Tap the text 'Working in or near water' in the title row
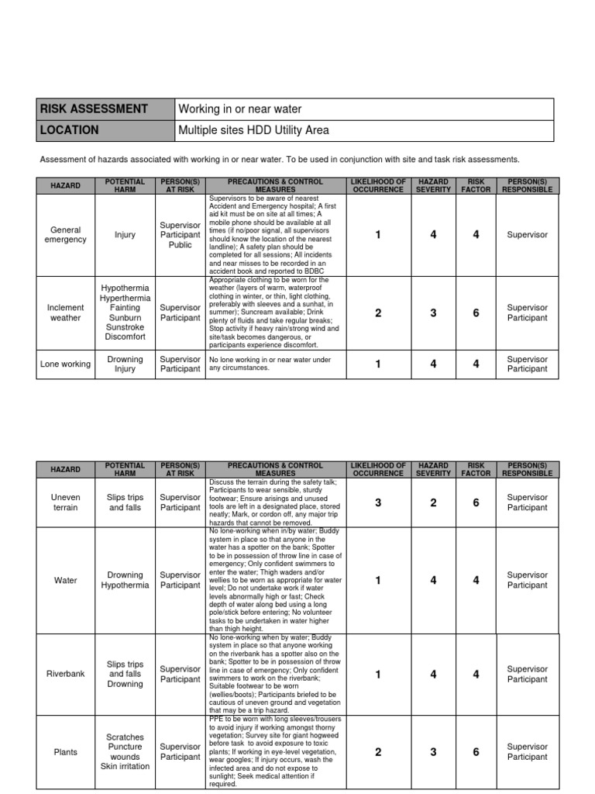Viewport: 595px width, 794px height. pos(240,109)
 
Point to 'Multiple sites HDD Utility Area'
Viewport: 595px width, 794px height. pos(254,130)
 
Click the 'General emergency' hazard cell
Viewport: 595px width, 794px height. pos(66,235)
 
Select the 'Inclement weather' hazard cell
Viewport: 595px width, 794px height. pos(66,312)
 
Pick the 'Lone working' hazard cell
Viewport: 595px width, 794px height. pos(66,364)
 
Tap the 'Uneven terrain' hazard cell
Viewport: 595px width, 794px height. pos(66,502)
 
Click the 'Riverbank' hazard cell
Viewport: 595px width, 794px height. pos(66,675)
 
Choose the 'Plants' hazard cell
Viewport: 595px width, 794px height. pos(66,751)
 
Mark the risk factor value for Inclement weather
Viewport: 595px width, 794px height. pos(476,312)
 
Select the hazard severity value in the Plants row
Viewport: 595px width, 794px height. pos(433,751)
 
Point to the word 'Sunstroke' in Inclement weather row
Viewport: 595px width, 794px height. pos(125,327)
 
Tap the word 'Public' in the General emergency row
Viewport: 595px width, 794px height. pos(180,245)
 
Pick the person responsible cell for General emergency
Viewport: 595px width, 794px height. pos(527,235)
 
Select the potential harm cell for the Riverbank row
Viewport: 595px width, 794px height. pos(125,675)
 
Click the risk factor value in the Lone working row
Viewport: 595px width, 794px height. pos(476,364)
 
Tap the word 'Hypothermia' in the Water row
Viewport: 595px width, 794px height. pos(125,585)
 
